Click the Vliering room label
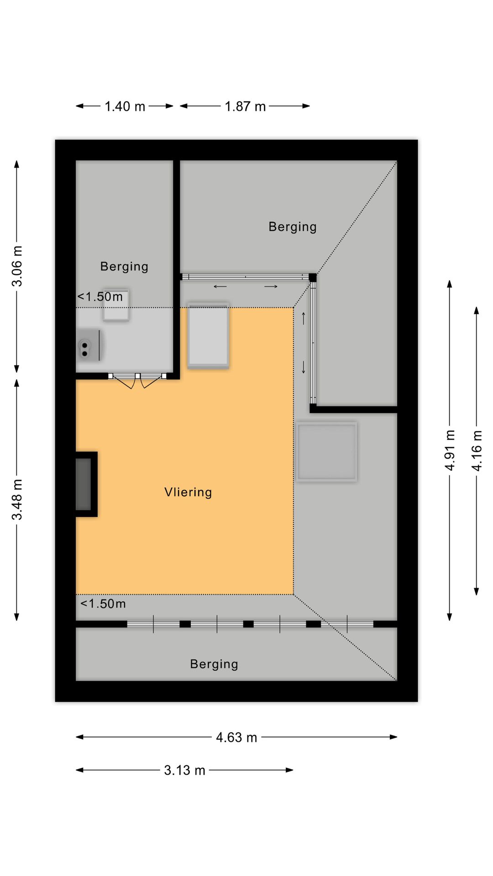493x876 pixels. pos(188,492)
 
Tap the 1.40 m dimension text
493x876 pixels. pos(125,106)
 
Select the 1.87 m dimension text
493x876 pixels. pos(245,106)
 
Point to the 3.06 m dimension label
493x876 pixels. pos(17,266)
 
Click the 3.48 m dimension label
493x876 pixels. pos(17,500)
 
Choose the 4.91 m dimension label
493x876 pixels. pos(450,450)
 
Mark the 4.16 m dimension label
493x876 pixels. pos(477,450)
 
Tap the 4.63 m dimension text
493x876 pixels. pos(236,737)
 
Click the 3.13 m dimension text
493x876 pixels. pos(184,770)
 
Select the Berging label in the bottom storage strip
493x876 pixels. pos(214,664)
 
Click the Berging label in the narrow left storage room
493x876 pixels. pos(124,266)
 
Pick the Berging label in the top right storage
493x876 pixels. pos(293,227)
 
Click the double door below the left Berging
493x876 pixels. pos(137,380)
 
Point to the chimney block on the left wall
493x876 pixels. pos(86,484)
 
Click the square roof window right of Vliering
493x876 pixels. pos(326,452)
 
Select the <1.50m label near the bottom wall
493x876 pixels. pos(103,604)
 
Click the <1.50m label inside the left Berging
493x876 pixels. pos(100,297)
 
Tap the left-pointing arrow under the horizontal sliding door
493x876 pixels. pos(220,287)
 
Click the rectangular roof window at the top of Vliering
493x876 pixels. pos(208,335)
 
